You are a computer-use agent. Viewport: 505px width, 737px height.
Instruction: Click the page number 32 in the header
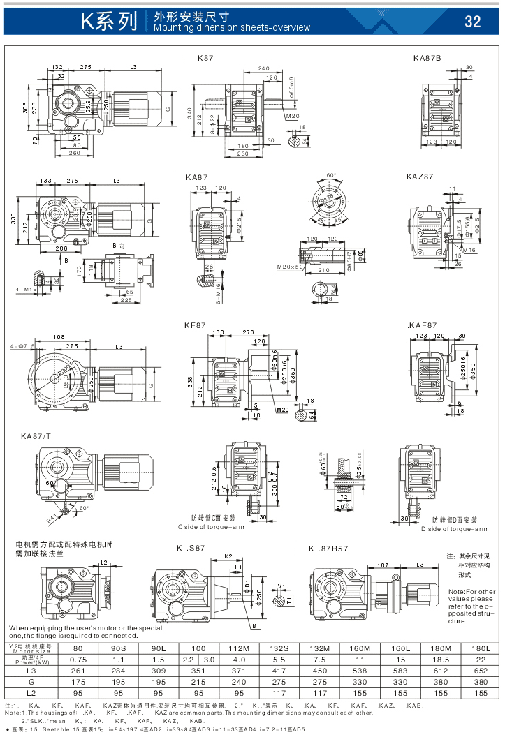click(473, 22)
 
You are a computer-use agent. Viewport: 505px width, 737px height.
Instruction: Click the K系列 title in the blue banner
click(108, 22)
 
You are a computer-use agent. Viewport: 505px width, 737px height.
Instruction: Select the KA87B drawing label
click(427, 57)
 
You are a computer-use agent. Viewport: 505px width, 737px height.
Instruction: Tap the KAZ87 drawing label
click(420, 177)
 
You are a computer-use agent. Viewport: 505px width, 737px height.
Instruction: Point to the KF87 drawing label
click(195, 325)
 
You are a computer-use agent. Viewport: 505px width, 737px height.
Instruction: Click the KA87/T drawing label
click(36, 436)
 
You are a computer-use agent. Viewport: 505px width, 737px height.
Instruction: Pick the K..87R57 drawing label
click(328, 549)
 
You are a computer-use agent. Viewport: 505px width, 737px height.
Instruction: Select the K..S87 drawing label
click(191, 549)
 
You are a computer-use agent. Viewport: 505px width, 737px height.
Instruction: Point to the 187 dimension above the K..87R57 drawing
click(383, 565)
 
